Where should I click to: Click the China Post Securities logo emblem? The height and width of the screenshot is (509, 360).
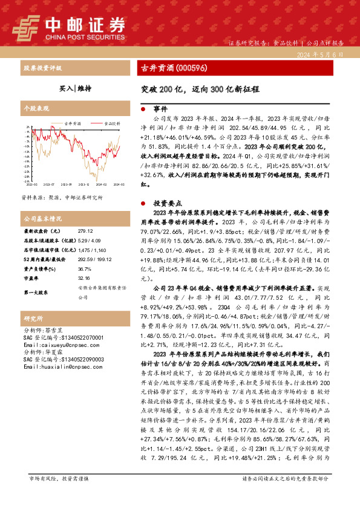pyautogui.click(x=26, y=27)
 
